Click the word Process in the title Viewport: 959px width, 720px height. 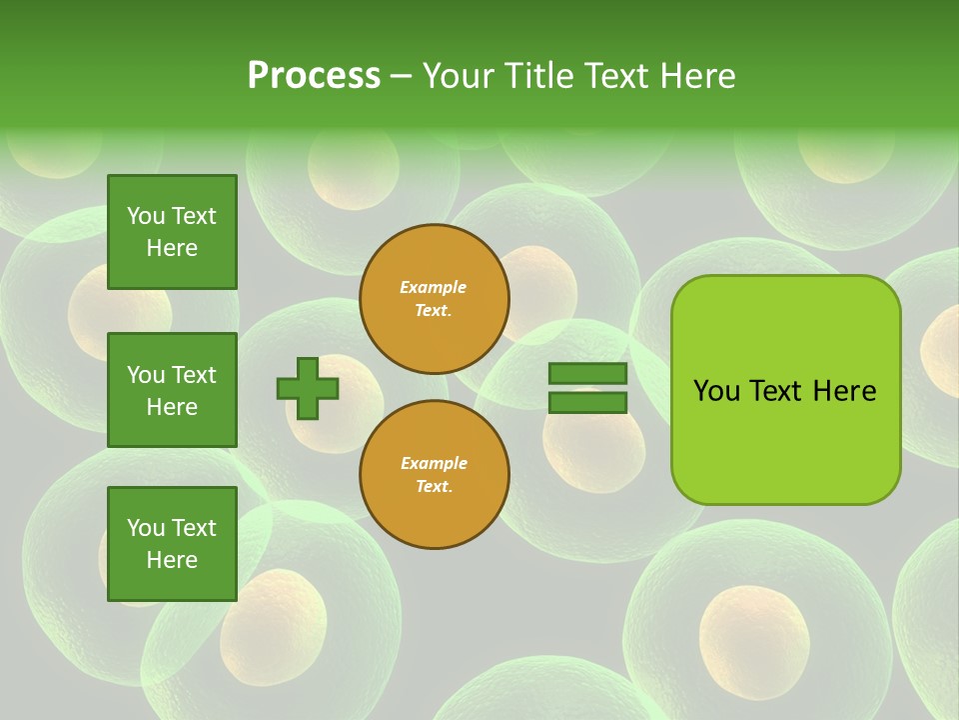[314, 76]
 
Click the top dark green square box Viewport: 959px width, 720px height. [172, 232]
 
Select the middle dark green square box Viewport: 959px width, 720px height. [172, 390]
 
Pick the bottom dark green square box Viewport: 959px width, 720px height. [172, 544]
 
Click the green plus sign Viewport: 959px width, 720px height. [308, 388]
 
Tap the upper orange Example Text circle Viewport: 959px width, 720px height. [435, 299]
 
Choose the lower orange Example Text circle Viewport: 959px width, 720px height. [435, 475]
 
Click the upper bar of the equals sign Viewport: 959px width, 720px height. [587, 374]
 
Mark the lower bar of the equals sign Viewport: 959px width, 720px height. [587, 403]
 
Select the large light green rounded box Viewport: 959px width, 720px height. [785, 389]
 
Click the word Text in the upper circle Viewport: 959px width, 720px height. [433, 311]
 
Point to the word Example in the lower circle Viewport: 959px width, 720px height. [434, 463]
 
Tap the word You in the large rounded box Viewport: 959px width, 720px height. [716, 391]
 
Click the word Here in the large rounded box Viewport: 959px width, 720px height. [844, 391]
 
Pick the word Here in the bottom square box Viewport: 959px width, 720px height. [172, 560]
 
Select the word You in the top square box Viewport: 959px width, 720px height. [146, 216]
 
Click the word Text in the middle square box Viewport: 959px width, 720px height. [193, 375]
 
